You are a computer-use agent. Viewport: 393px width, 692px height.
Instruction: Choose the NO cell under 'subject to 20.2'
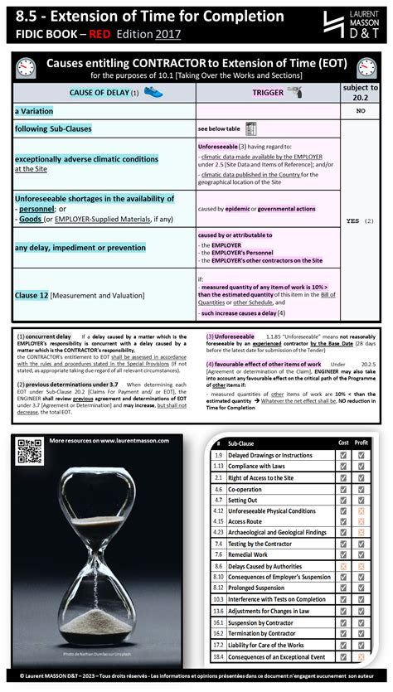[361, 110]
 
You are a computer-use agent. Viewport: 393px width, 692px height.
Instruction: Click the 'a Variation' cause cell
[34, 110]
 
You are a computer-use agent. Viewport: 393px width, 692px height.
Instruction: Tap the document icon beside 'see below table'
[250, 128]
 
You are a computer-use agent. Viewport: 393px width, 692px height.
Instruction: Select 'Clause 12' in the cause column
[33, 294]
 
